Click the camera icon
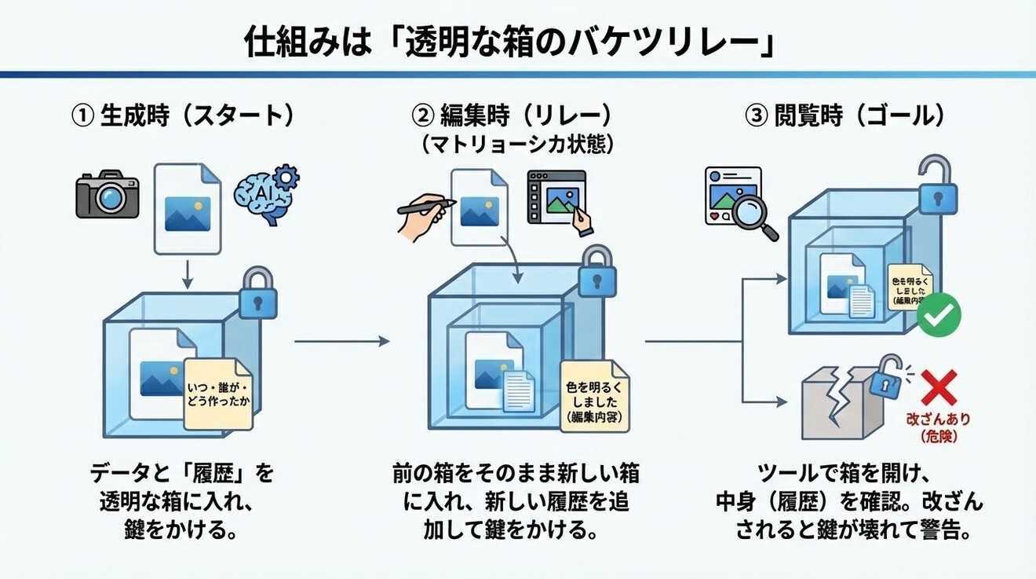pyautogui.click(x=108, y=194)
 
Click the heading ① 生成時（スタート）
pyautogui.click(x=182, y=116)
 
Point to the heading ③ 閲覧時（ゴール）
pyautogui.click(x=844, y=116)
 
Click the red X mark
pyautogui.click(x=936, y=386)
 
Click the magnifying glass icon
pyautogui.click(x=757, y=220)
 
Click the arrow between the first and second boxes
pyautogui.click(x=341, y=341)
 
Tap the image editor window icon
pyautogui.click(x=558, y=198)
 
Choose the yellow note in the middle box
pyautogui.click(x=594, y=398)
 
